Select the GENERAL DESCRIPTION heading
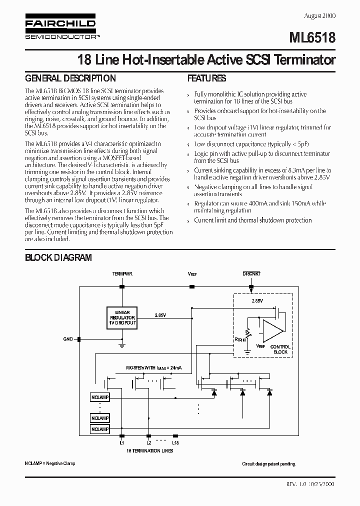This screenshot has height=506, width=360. [70, 78]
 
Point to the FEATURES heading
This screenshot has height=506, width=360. [206, 78]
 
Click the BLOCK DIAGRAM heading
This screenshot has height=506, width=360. [58, 257]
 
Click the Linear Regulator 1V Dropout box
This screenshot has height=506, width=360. [122, 317]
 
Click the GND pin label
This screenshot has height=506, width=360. [68, 339]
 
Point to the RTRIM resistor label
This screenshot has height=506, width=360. [240, 339]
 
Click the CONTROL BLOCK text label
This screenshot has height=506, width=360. [280, 349]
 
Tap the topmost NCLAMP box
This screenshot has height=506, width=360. [100, 397]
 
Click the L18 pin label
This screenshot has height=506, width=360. [175, 442]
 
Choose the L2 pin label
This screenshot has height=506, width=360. [148, 442]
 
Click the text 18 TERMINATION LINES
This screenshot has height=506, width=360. [149, 451]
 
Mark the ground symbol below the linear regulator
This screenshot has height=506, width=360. [122, 344]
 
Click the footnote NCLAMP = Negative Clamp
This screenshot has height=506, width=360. [50, 464]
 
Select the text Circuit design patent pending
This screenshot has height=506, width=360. [269, 464]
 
